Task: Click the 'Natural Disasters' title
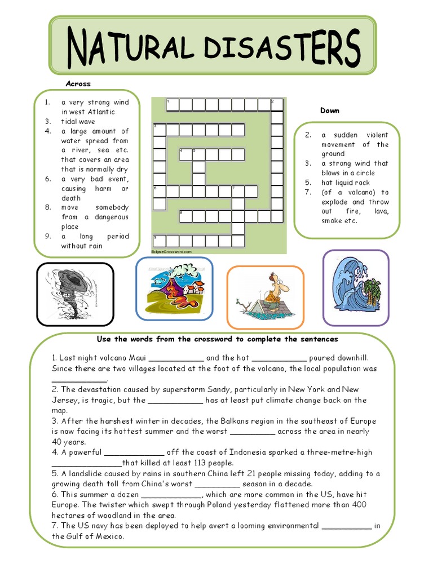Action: [x=213, y=46]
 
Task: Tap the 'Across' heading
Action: [x=78, y=84]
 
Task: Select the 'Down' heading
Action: [x=330, y=110]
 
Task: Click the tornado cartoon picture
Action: [x=75, y=294]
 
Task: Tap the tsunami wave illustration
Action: [x=355, y=288]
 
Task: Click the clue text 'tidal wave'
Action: [x=78, y=121]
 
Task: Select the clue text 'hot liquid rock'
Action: [x=346, y=183]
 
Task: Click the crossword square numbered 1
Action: [x=171, y=104]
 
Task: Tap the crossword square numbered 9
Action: [x=159, y=241]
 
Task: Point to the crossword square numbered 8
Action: [x=184, y=216]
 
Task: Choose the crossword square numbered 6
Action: [x=159, y=192]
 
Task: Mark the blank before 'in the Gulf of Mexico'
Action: [x=346, y=526]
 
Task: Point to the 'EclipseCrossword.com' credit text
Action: [x=171, y=251]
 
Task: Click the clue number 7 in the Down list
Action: [x=308, y=192]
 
